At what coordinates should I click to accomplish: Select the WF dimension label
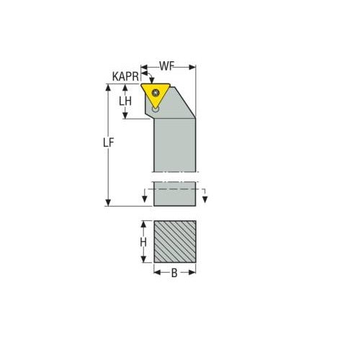pos(167,66)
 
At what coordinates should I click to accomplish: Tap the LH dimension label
pos(125,102)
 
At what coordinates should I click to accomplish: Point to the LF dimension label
pos(108,143)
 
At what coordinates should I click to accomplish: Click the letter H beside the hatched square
pos(143,243)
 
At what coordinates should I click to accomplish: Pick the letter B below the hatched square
pos(174,273)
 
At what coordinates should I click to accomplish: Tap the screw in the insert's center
pos(156,92)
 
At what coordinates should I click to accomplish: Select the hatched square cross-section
pos(175,241)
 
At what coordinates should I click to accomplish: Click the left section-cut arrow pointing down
pos(145,199)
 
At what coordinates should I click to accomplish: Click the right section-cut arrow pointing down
pos(204,199)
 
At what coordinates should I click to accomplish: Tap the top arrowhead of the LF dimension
pos(108,87)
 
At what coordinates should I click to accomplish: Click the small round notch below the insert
pos(156,109)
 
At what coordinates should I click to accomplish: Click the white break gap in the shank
pos(175,177)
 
